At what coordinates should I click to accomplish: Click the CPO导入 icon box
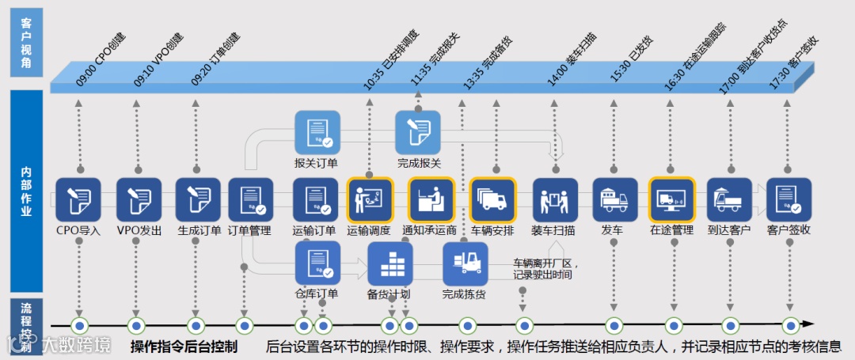[x=78, y=199]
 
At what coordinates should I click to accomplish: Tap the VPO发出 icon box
[x=139, y=199]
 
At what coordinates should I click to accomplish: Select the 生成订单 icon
[x=198, y=199]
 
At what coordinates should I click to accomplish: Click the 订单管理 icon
[x=250, y=199]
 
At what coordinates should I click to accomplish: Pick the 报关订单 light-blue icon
[x=317, y=132]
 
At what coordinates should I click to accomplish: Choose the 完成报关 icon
[x=418, y=132]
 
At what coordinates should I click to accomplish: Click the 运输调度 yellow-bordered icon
[x=370, y=199]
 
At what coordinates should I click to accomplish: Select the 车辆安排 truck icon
[x=492, y=199]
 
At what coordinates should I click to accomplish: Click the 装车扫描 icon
[x=555, y=199]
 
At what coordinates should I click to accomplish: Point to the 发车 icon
[x=615, y=199]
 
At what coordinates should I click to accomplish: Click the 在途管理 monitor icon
[x=672, y=199]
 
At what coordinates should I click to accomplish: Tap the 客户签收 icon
[x=788, y=199]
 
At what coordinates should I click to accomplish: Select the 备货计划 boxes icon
[x=390, y=263]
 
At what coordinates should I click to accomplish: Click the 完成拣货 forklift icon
[x=465, y=263]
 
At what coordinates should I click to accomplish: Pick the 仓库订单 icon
[x=317, y=263]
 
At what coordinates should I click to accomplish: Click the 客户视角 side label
[x=26, y=43]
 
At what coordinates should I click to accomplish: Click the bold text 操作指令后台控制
[x=184, y=347]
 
